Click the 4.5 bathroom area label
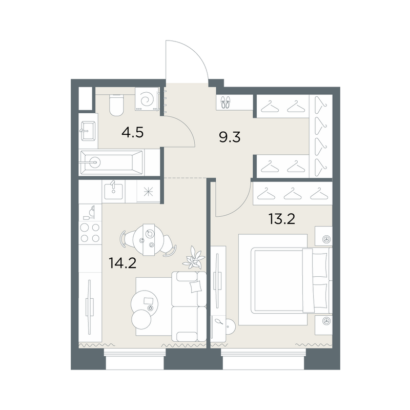coord(133,133)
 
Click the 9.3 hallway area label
coord(230,137)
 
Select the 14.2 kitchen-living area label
coord(122,263)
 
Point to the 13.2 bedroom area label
coord(282,219)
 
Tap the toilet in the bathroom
coord(116,105)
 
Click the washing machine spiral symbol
coord(146,99)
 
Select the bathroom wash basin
coord(88,131)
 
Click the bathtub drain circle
coord(95,162)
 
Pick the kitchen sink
coord(113,191)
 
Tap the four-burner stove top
coord(90,233)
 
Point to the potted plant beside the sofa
coord(194,258)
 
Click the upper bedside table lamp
coord(326,239)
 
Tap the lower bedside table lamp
coord(326,321)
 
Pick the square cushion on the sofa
coord(196,287)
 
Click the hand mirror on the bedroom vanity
coord(219,321)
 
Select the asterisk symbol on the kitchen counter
coord(148,192)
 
